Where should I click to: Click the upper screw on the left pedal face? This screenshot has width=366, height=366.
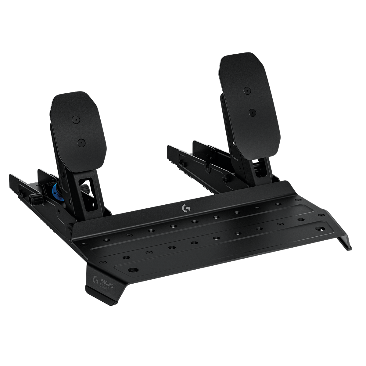(x=75, y=119)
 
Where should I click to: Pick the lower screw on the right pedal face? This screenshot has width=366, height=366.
(x=252, y=113)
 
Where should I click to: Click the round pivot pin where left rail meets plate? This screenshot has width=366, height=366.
(x=71, y=226)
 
